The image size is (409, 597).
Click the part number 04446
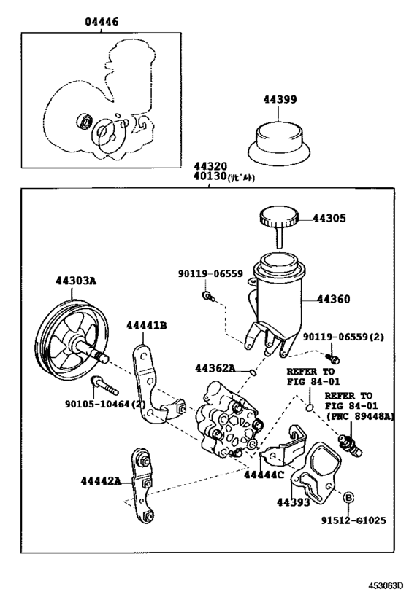coord(100,23)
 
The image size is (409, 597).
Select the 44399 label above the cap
coord(280,99)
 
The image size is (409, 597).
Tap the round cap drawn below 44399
coord(280,143)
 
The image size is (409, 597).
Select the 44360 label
coord(333,299)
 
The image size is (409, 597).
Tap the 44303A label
coord(74,279)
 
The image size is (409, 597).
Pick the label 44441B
coord(146,325)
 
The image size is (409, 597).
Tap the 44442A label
coord(102,480)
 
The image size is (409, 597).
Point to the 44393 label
coord(292,502)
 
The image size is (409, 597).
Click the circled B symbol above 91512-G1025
coord(349,497)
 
